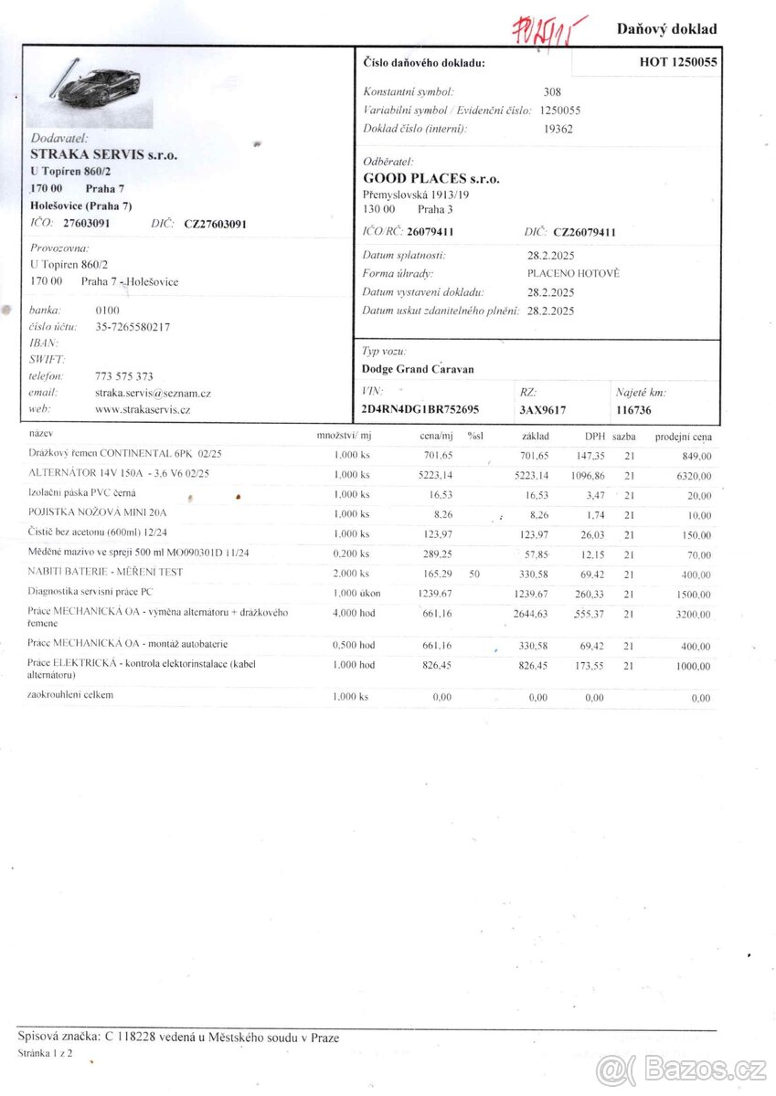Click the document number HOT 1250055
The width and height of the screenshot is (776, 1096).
[678, 62]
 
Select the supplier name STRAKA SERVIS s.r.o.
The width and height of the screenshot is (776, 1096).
[103, 154]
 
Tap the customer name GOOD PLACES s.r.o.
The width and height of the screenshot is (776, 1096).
[431, 179]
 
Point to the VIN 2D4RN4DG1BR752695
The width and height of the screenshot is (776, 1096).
[420, 410]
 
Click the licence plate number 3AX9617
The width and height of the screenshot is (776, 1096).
[543, 410]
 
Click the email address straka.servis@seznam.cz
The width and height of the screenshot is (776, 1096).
[153, 393]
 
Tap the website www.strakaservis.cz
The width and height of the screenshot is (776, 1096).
[143, 409]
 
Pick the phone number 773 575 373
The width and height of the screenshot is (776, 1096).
[124, 375]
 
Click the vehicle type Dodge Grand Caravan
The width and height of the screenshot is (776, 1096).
[418, 370]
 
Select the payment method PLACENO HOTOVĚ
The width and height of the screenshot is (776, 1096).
[573, 273]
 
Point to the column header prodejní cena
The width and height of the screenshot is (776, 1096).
[683, 437]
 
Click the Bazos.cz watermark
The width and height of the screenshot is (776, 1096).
[681, 1069]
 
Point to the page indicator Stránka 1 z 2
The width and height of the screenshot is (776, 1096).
[46, 1053]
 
